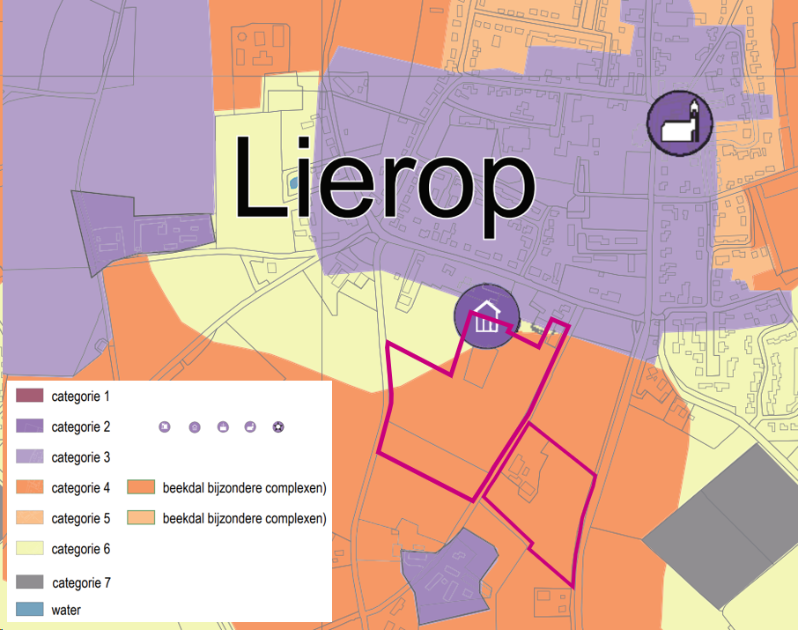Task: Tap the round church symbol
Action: tap(680, 122)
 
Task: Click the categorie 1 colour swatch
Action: tap(29, 396)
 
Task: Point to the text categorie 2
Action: tap(81, 427)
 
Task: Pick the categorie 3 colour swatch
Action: tap(29, 457)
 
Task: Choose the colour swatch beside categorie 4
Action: tap(29, 487)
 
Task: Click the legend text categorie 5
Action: tap(81, 518)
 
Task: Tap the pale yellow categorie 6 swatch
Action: tap(29, 549)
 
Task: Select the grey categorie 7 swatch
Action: tap(29, 582)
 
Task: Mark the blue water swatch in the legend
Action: tap(29, 609)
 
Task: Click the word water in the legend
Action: tap(67, 609)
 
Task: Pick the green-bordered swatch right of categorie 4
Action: tap(141, 487)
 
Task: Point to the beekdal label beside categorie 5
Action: tap(245, 518)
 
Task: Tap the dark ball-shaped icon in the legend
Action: tap(279, 427)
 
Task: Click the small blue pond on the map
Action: tap(292, 184)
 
